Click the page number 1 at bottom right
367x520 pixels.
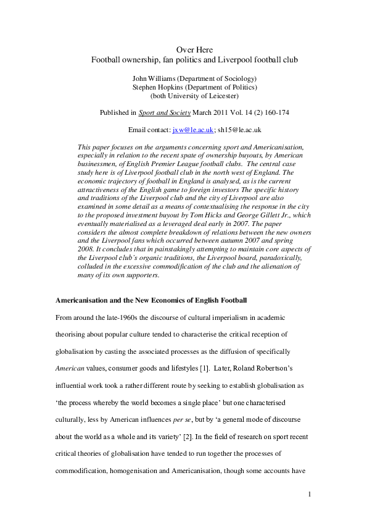(x=310, y=493)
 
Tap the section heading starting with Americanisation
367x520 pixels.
(x=151, y=300)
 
